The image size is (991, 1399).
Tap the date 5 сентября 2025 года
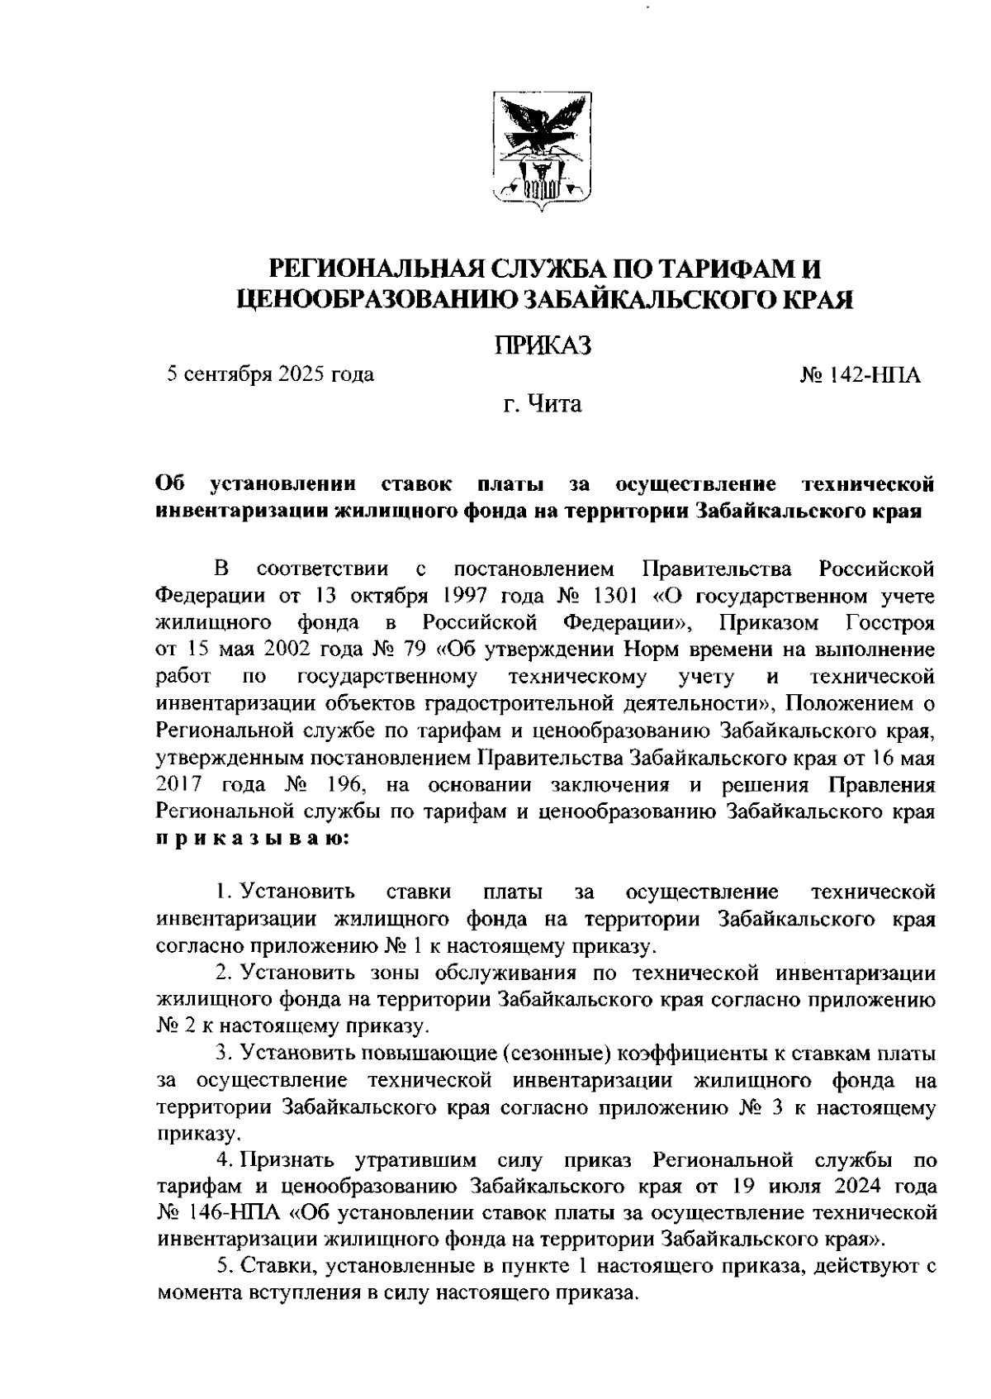pos(270,375)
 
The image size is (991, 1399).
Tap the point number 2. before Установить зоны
pos(222,973)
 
